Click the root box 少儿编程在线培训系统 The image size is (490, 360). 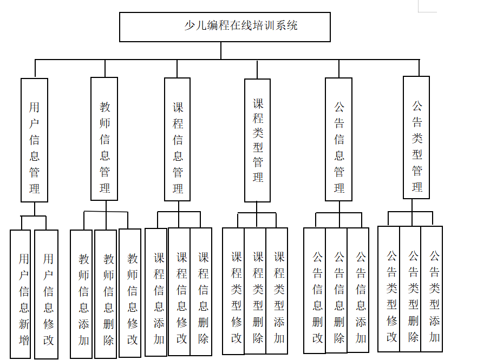pyautogui.click(x=225, y=27)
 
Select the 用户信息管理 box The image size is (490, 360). pyautogui.click(x=34, y=140)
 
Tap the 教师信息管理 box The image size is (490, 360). pyautogui.click(x=104, y=139)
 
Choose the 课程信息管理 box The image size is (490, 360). pyautogui.click(x=178, y=139)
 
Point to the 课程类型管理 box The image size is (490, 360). pyautogui.click(x=257, y=140)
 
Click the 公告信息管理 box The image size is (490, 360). pyautogui.click(x=339, y=139)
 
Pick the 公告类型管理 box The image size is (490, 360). pyautogui.click(x=416, y=138)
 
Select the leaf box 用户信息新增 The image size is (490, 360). pyautogui.click(x=21, y=293)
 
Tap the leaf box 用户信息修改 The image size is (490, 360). pyautogui.click(x=46, y=294)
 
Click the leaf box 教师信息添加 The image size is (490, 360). pyautogui.click(x=81, y=293)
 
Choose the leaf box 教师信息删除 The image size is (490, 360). pyautogui.click(x=106, y=293)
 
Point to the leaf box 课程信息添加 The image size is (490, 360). pyautogui.click(x=156, y=292)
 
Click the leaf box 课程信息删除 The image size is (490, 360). pyautogui.click(x=201, y=291)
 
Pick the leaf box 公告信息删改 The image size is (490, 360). pyautogui.click(x=315, y=291)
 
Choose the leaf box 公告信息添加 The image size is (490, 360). pyautogui.click(x=358, y=291)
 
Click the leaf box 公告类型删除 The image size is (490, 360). pyautogui.click(x=410, y=289)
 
